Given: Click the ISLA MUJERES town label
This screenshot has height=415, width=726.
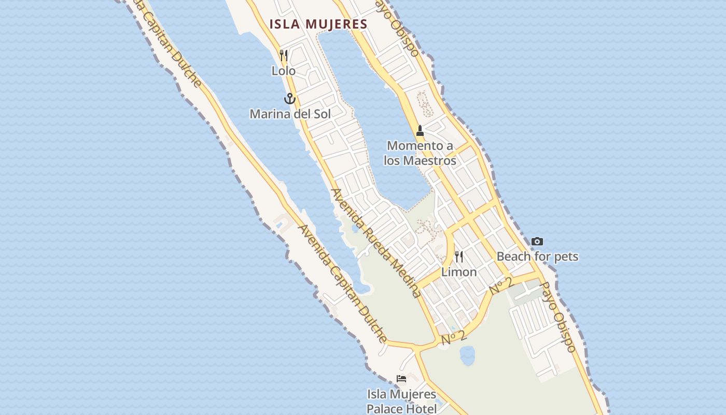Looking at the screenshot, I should tap(318, 24).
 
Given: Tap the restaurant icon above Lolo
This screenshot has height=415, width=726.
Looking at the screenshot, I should tap(284, 55).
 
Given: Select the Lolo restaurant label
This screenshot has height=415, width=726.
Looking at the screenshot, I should tap(284, 71).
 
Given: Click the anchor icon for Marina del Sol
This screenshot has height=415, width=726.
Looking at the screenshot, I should tap(289, 98).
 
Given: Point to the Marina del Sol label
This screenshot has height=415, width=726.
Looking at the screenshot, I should tap(290, 114).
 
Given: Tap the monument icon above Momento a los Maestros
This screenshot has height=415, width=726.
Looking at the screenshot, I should tap(420, 130).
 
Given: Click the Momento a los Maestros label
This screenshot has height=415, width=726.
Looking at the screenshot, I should tap(420, 153).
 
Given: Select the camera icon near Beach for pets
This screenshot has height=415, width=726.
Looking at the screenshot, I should tap(537, 241).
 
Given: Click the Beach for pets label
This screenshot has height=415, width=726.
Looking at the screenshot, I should tap(537, 256).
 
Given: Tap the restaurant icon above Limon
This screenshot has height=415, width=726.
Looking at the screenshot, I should tap(459, 256).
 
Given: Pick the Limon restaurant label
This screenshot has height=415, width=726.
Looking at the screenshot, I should tap(459, 272).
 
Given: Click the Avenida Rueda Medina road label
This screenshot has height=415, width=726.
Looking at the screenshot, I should tap(376, 243).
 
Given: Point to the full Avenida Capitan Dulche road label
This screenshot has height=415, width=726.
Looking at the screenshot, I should tap(342, 283).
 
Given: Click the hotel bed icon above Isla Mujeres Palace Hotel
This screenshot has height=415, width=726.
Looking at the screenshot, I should tap(401, 379).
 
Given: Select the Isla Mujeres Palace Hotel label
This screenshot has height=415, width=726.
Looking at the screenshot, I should tap(401, 402).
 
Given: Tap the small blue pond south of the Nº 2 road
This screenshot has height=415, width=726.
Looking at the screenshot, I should tap(467, 355).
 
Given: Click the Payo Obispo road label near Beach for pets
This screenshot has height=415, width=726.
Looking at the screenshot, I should tap(558, 317).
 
